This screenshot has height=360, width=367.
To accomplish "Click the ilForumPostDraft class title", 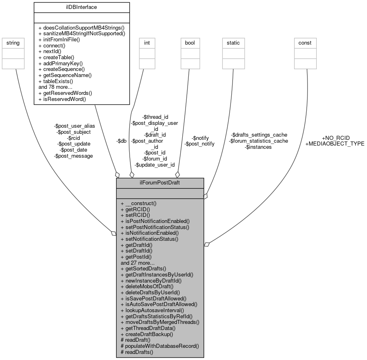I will [160, 182].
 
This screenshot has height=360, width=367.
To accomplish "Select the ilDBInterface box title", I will [81, 6].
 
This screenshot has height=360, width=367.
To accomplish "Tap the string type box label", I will [11, 43].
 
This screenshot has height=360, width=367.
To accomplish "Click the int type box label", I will [146, 43].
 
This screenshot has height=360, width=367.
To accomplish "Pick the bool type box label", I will [190, 43].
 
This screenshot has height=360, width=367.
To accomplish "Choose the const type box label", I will [305, 43].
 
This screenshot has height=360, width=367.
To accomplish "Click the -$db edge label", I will [121, 141].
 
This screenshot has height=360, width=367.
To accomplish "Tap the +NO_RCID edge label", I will [336, 138].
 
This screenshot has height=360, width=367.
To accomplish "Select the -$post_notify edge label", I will [199, 144].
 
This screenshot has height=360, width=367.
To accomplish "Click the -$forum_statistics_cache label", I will [258, 141].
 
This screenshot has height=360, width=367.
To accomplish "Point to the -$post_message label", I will [73, 156].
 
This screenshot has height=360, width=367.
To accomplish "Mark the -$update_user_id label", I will [154, 165].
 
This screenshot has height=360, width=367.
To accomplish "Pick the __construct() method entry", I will [139, 203].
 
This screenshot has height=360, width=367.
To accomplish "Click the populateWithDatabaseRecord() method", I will [160, 346].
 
